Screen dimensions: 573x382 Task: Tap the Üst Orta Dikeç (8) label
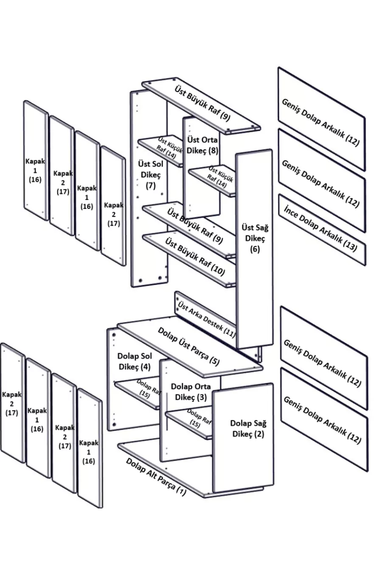pyautogui.click(x=202, y=145)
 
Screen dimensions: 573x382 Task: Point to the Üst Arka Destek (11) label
pyautogui.click(x=206, y=319)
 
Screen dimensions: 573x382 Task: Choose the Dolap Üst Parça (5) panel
pyautogui.click(x=189, y=346)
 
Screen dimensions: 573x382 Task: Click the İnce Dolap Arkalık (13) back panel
pyautogui.click(x=321, y=230)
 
